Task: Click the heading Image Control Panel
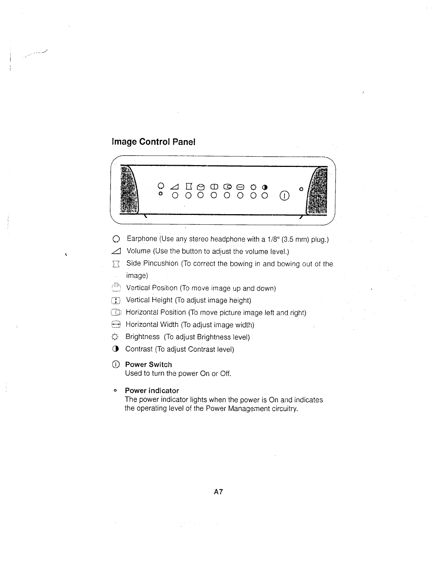(154, 142)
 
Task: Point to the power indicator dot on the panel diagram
(301, 189)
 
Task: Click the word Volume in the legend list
(138, 251)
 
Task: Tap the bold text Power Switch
(148, 364)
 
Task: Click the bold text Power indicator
(152, 391)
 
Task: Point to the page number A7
(218, 492)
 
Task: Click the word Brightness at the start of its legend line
(142, 337)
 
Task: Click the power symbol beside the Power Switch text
(115, 364)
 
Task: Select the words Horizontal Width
(152, 324)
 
